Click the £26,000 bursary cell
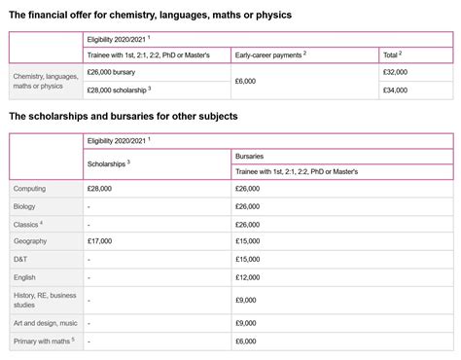[111, 72]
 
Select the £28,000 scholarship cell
[117, 90]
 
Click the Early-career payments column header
[270, 54]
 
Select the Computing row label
[30, 188]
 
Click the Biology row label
[25, 206]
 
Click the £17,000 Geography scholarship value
[99, 240]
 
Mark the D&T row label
[21, 259]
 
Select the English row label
[25, 277]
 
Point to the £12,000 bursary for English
[247, 277]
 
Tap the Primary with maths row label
[43, 342]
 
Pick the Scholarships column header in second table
[108, 162]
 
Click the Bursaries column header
[252, 155]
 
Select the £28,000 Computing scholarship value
[99, 188]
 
